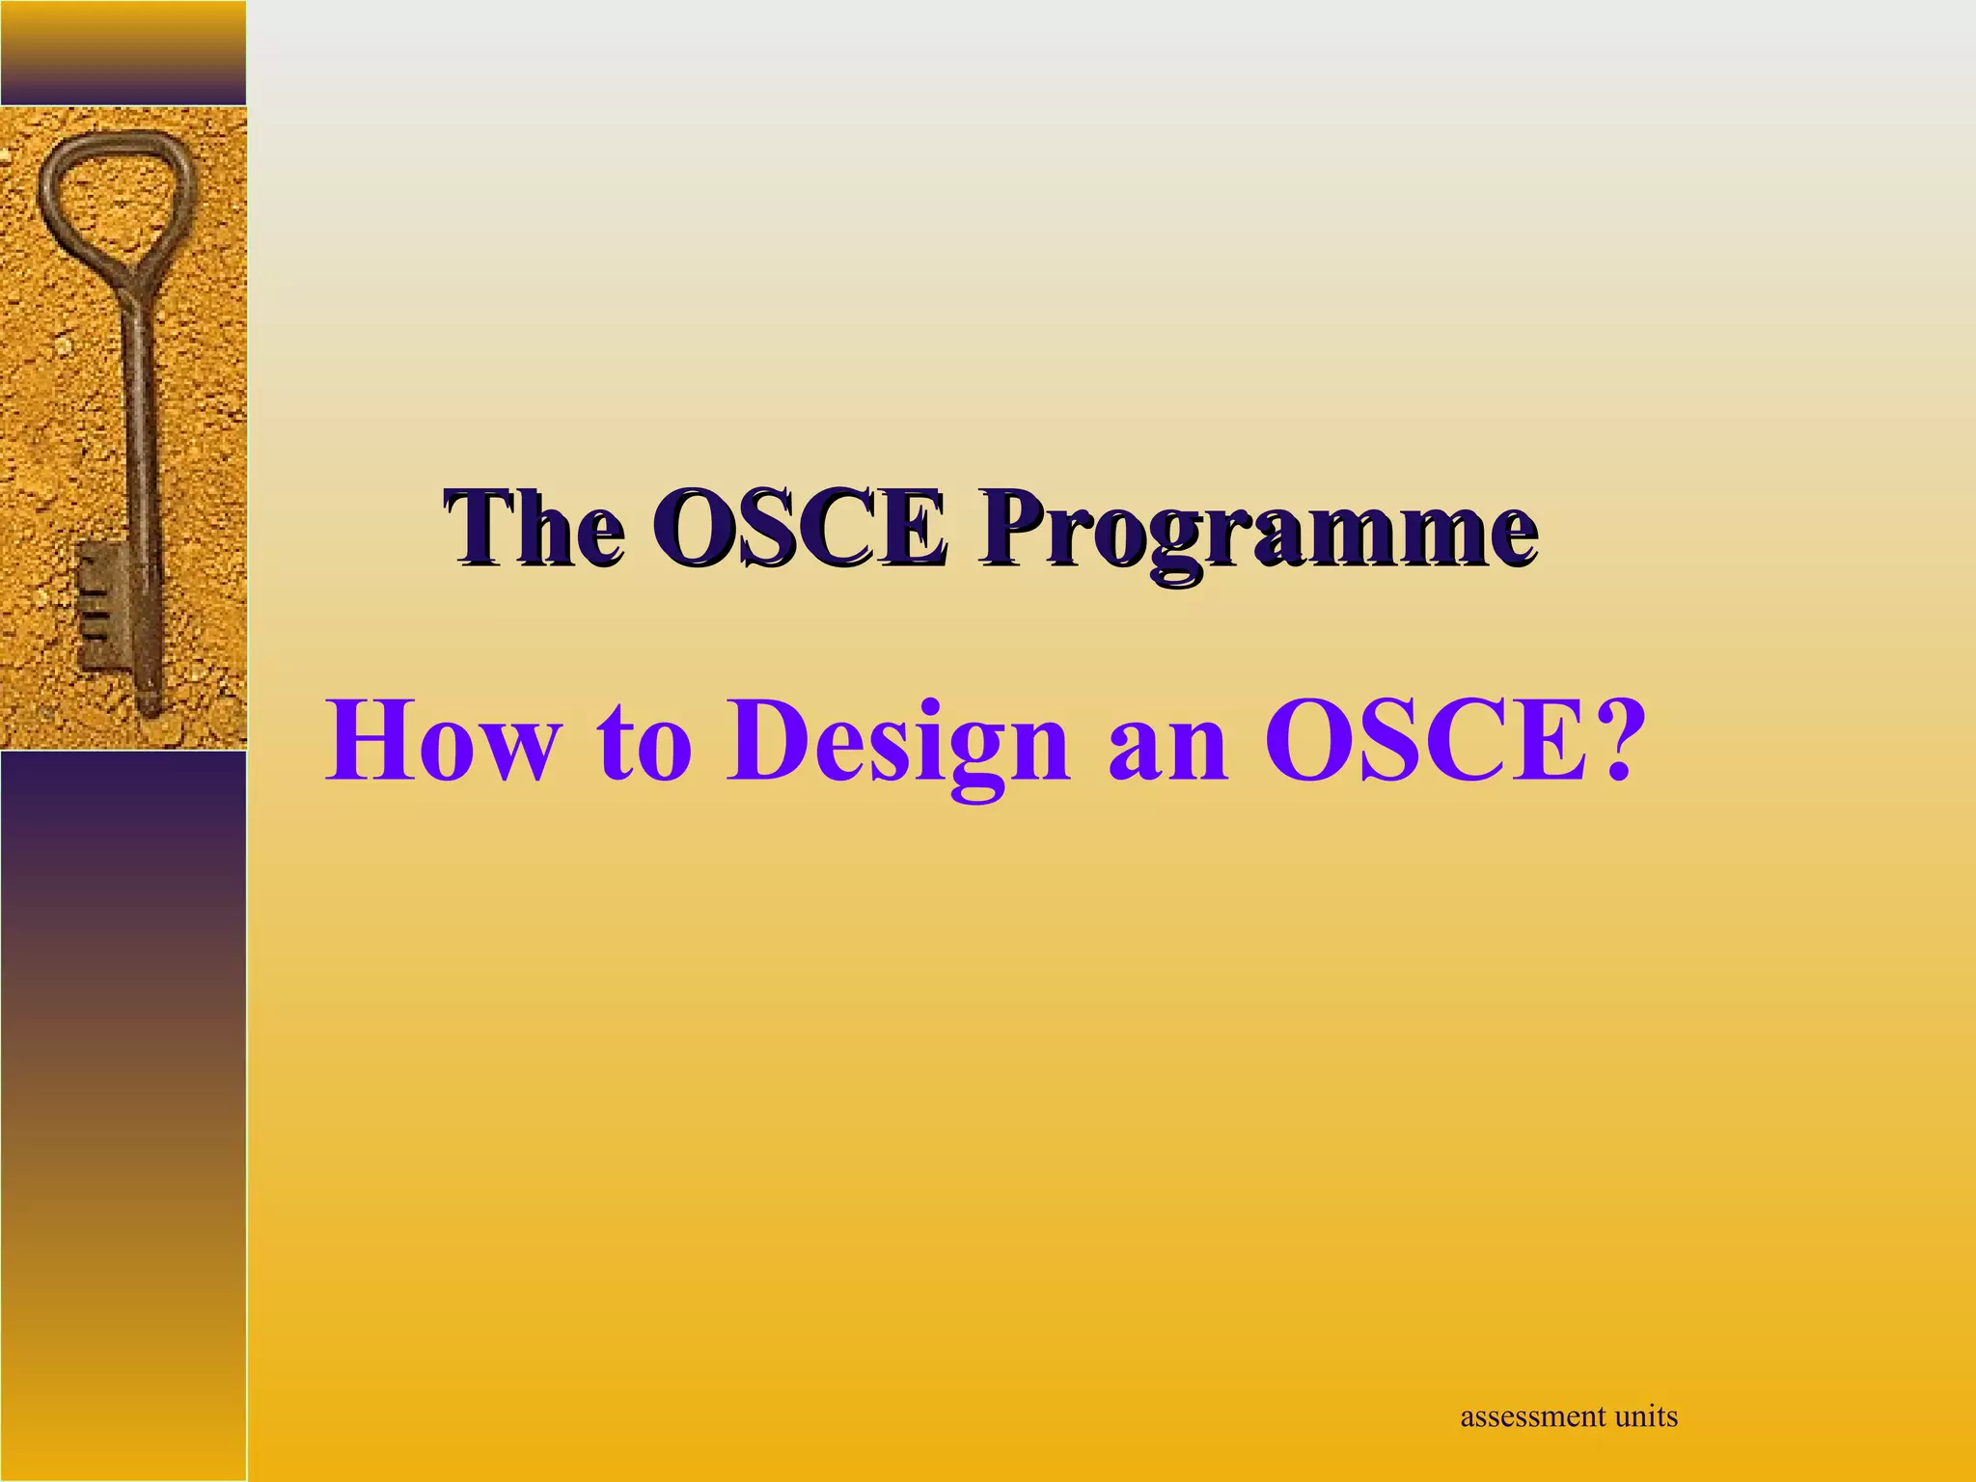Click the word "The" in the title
coord(534,529)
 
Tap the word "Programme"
coord(1256,533)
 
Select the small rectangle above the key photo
coord(123,52)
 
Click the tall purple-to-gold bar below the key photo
coord(123,1110)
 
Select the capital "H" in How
coord(366,742)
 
